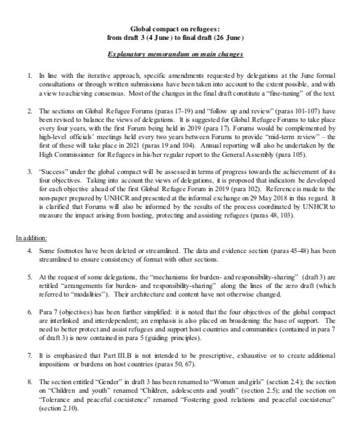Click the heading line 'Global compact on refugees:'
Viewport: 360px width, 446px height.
[179, 29]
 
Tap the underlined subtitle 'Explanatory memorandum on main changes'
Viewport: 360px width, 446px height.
[180, 55]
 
